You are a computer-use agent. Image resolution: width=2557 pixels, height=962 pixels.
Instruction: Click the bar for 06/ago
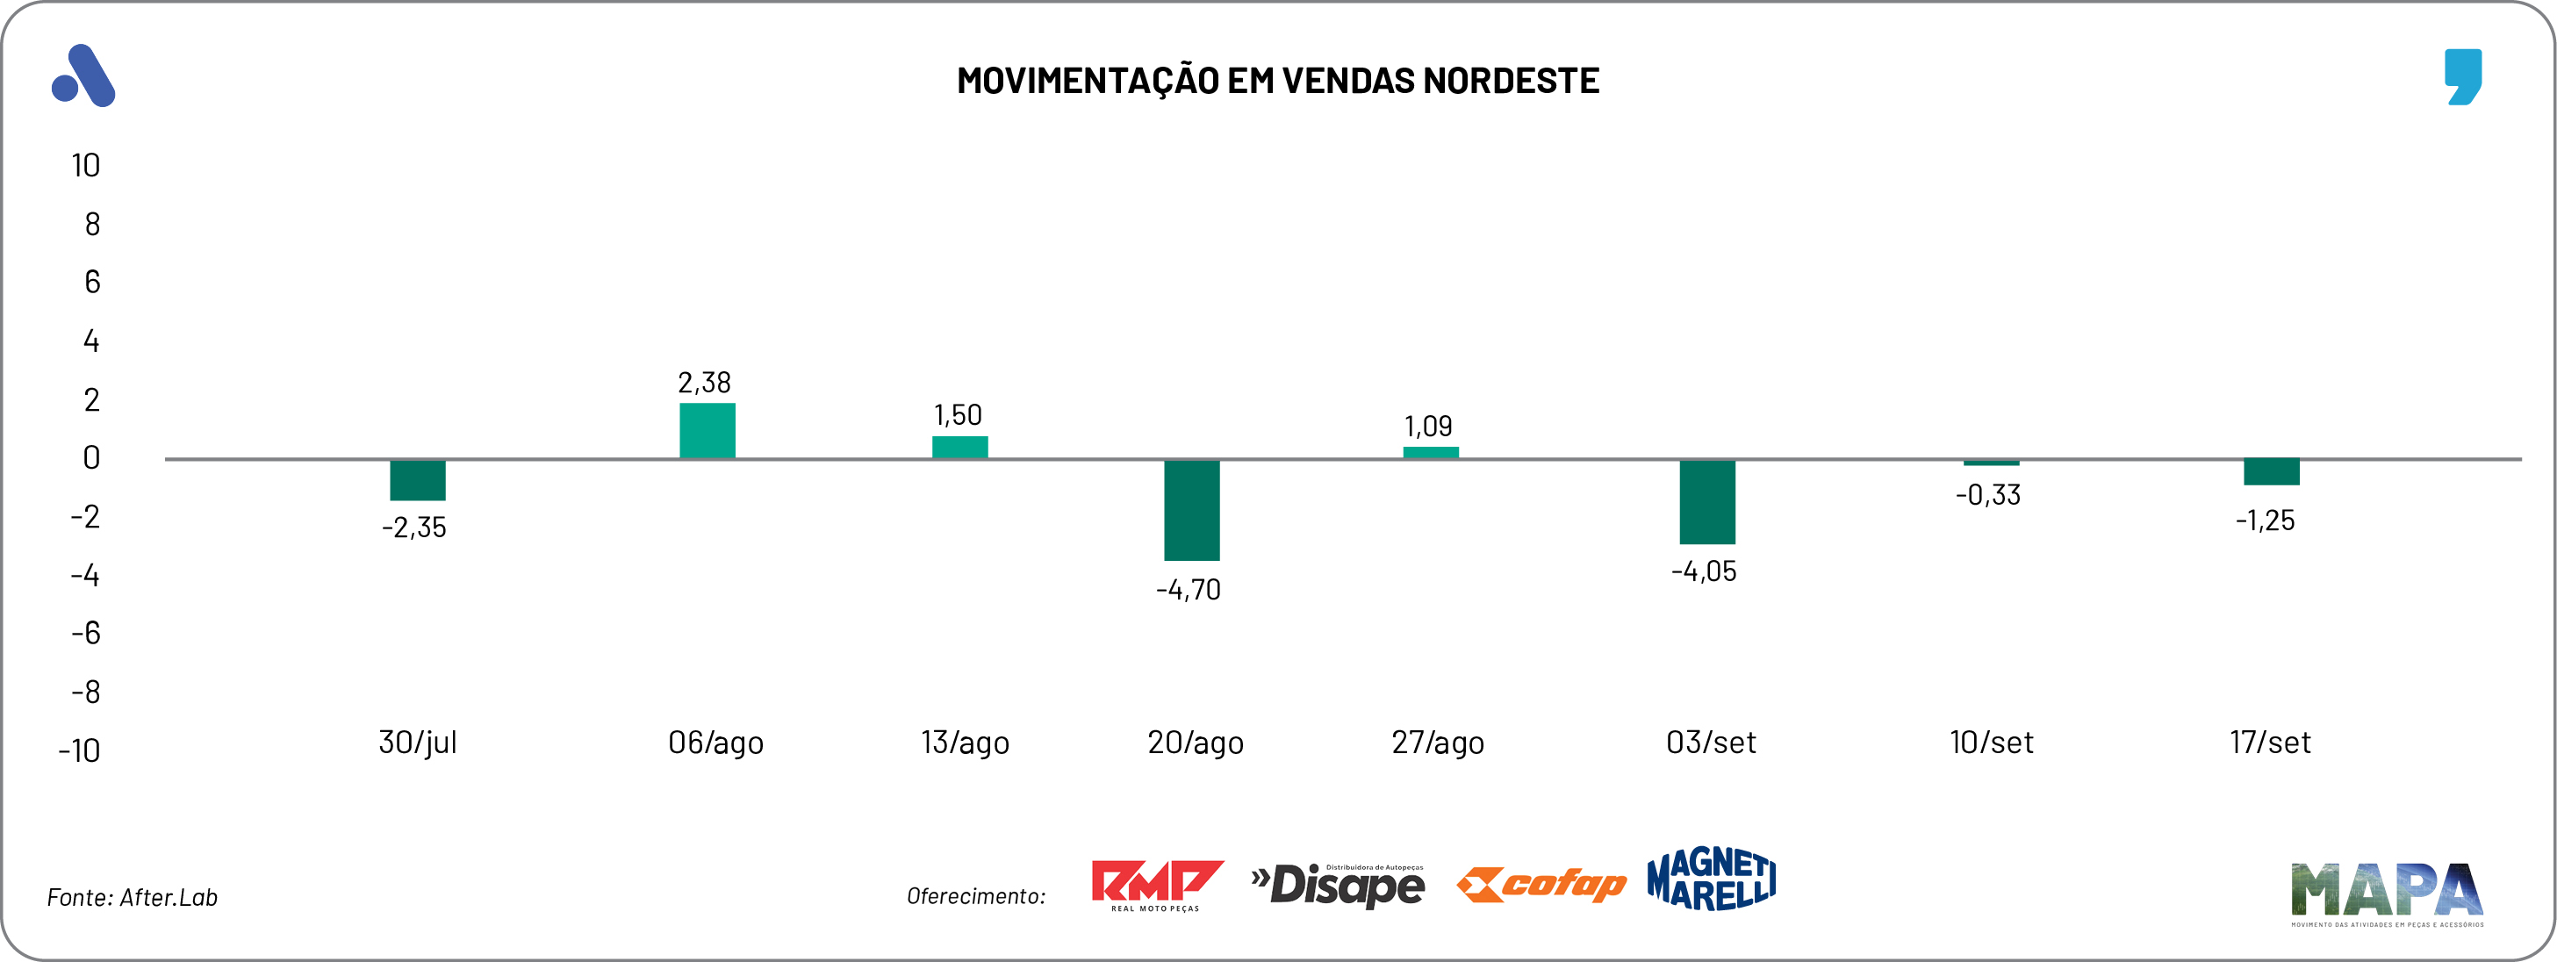click(707, 430)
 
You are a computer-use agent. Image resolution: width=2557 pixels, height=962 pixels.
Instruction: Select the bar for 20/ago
click(1191, 509)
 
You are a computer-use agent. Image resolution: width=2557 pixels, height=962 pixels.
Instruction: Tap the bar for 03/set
click(1706, 501)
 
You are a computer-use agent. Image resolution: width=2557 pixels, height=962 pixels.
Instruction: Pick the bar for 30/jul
click(417, 479)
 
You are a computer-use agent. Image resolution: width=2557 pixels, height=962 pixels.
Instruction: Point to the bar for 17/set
click(2271, 471)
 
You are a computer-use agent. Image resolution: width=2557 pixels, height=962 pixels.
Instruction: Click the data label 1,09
click(1427, 426)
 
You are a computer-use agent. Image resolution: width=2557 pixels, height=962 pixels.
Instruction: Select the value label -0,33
click(1987, 494)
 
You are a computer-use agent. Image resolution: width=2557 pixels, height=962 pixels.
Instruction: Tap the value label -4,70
click(1189, 590)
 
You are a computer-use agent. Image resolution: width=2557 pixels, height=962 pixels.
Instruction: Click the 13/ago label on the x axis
click(965, 743)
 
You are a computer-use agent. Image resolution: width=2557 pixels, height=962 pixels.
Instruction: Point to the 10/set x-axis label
click(1991, 743)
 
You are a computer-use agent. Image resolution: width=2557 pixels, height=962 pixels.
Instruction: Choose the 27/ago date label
click(1437, 743)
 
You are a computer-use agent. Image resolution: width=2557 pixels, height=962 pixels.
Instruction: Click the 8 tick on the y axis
click(92, 225)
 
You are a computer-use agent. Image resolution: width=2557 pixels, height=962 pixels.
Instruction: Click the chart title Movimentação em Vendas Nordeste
click(1277, 81)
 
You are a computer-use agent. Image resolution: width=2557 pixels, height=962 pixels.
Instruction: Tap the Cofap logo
click(1541, 884)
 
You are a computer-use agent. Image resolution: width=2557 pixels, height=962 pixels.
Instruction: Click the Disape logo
click(1338, 885)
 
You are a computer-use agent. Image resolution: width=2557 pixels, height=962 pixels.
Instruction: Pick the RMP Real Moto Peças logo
click(1156, 885)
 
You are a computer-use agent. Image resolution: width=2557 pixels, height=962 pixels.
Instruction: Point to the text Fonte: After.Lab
click(132, 897)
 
